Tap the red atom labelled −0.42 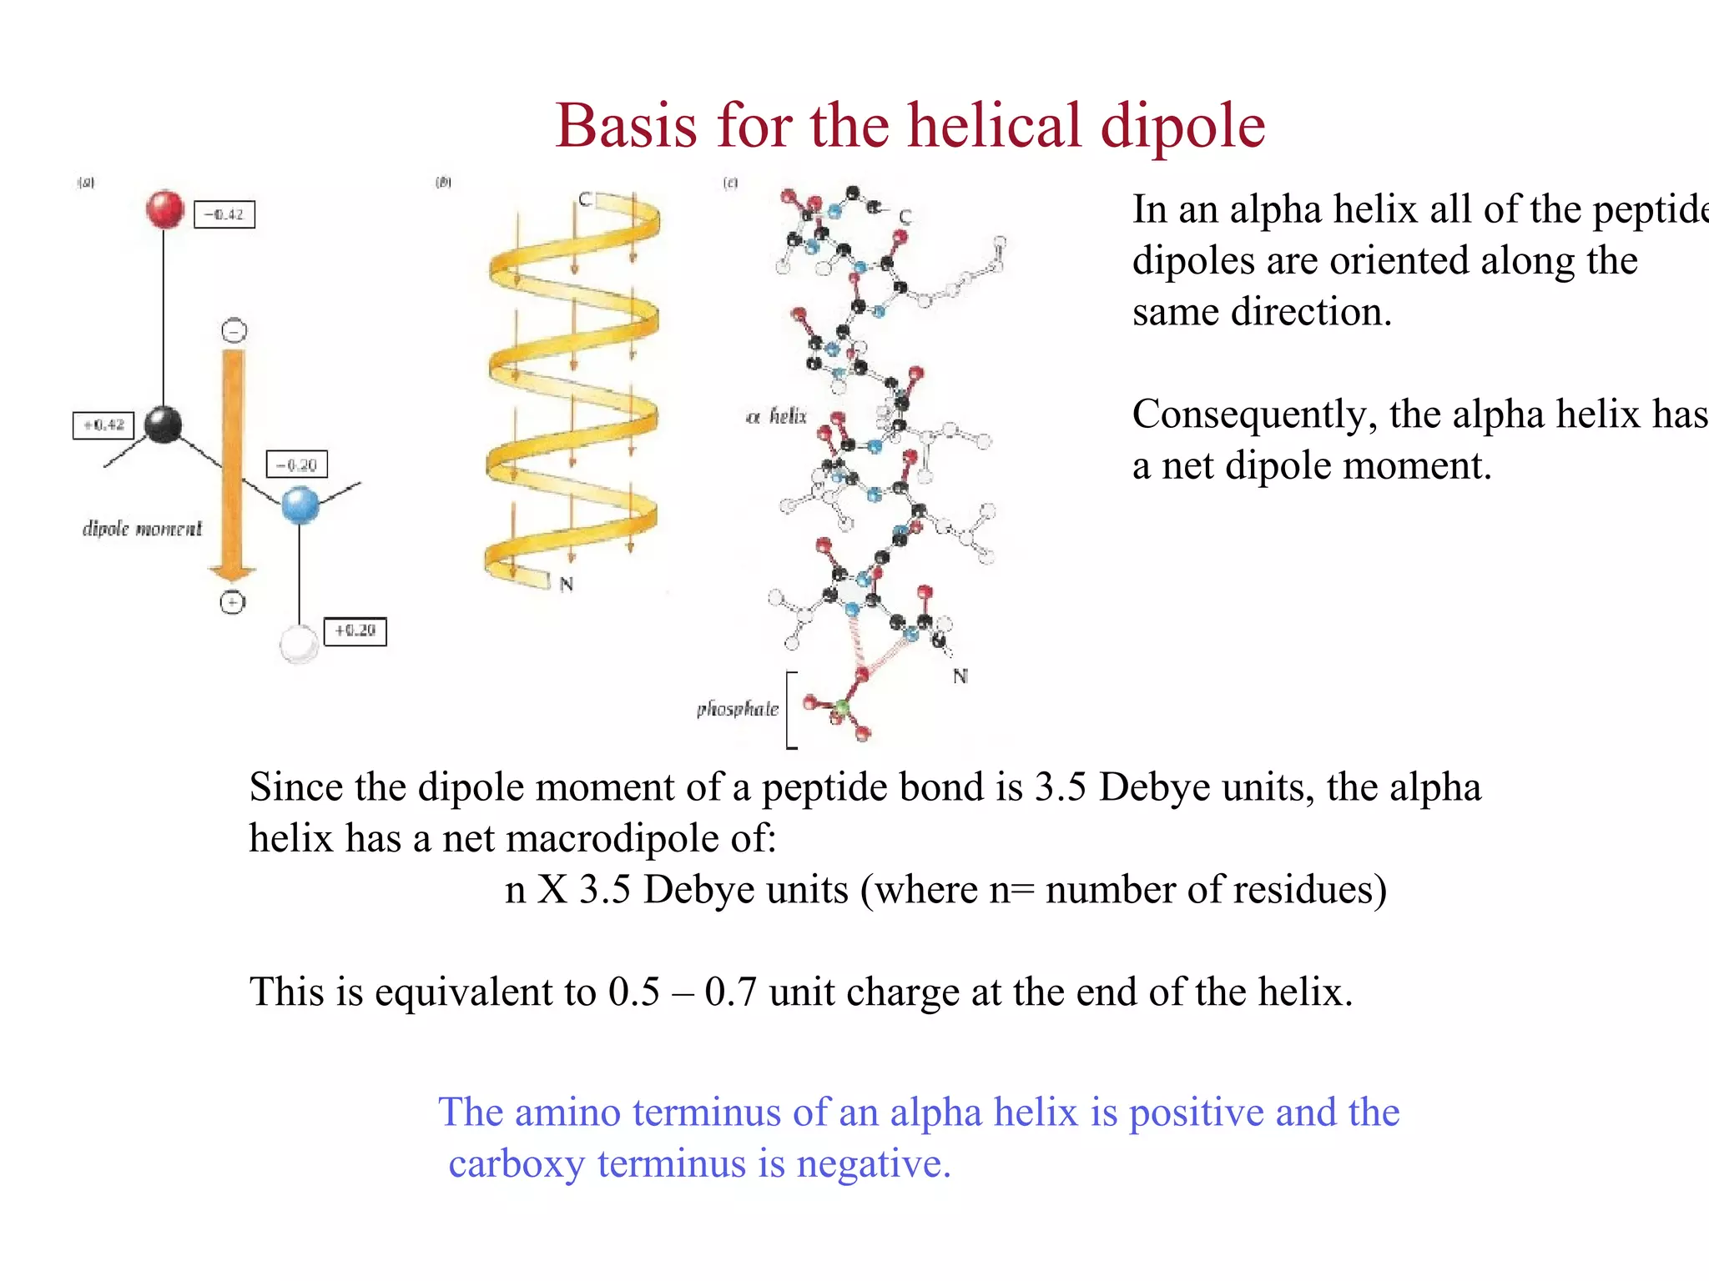(x=164, y=208)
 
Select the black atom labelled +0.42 (x=163, y=424)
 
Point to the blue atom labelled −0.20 (x=300, y=505)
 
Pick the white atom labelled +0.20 (x=298, y=643)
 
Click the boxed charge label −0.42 (x=224, y=214)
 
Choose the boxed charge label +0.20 (x=355, y=630)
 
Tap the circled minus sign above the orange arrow (x=234, y=330)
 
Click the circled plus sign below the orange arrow (x=232, y=602)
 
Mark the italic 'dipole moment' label (x=142, y=529)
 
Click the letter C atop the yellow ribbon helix (x=585, y=199)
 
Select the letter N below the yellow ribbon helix (x=567, y=584)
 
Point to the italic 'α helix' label (x=776, y=416)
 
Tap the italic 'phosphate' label (x=738, y=709)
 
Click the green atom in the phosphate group (x=841, y=709)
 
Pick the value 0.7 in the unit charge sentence (x=730, y=992)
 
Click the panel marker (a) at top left (x=86, y=182)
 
